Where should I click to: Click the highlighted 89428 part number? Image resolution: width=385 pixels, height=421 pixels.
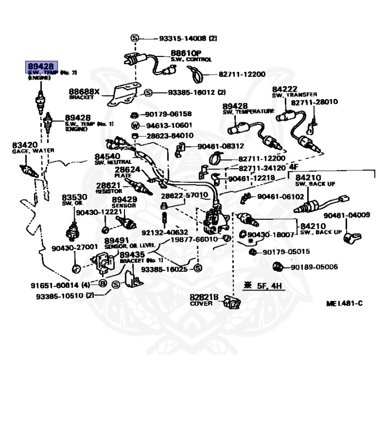pos(41,66)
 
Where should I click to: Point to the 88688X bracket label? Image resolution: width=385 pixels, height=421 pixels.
pos(84,92)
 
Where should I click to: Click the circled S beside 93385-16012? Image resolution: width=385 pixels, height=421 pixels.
pos(148,93)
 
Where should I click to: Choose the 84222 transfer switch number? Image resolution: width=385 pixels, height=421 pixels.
pos(285,89)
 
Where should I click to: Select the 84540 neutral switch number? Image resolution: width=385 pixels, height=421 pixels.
pos(107,157)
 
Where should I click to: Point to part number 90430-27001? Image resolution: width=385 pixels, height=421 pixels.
pos(75,247)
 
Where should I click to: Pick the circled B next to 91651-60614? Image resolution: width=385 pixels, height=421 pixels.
pos(103,283)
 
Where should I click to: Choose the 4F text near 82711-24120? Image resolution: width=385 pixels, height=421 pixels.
pos(293,167)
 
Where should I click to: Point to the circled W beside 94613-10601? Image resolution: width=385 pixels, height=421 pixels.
pos(134,125)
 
